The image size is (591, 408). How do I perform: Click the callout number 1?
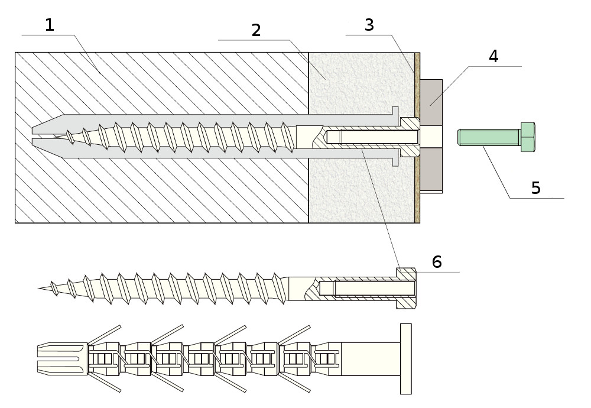[x=50, y=25]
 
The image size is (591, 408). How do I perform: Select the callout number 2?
[x=256, y=30]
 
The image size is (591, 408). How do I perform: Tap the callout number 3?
[x=369, y=25]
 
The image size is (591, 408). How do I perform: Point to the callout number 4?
[x=493, y=57]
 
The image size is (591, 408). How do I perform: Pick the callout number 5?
[x=535, y=188]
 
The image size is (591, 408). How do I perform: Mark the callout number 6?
[x=437, y=262]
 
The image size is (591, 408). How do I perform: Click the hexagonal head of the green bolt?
[x=528, y=137]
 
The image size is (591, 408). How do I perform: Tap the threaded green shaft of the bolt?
[x=489, y=138]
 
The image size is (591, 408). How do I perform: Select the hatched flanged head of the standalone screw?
[x=407, y=289]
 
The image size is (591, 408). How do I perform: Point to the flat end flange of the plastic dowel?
[x=405, y=358]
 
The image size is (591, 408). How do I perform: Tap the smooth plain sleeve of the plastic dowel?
[x=370, y=358]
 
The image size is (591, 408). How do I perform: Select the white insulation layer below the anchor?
[x=361, y=192]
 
